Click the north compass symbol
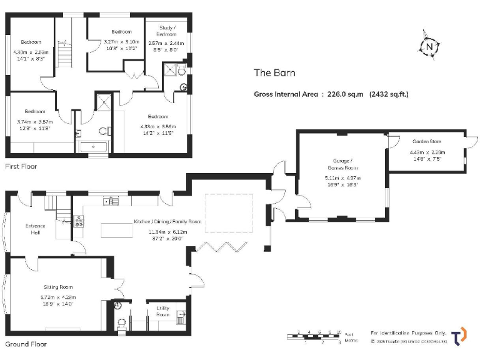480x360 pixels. tap(428, 46)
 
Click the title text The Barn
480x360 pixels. tap(274, 72)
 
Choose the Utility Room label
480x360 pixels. tap(162, 311)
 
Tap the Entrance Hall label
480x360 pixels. tap(35, 229)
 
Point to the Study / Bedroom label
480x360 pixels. tap(166, 31)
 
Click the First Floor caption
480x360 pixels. tap(21, 166)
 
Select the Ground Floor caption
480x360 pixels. tap(26, 344)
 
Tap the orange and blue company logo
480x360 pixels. tap(459, 336)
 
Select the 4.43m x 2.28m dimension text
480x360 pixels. tap(426, 152)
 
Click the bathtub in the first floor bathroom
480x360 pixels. tap(94, 148)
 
